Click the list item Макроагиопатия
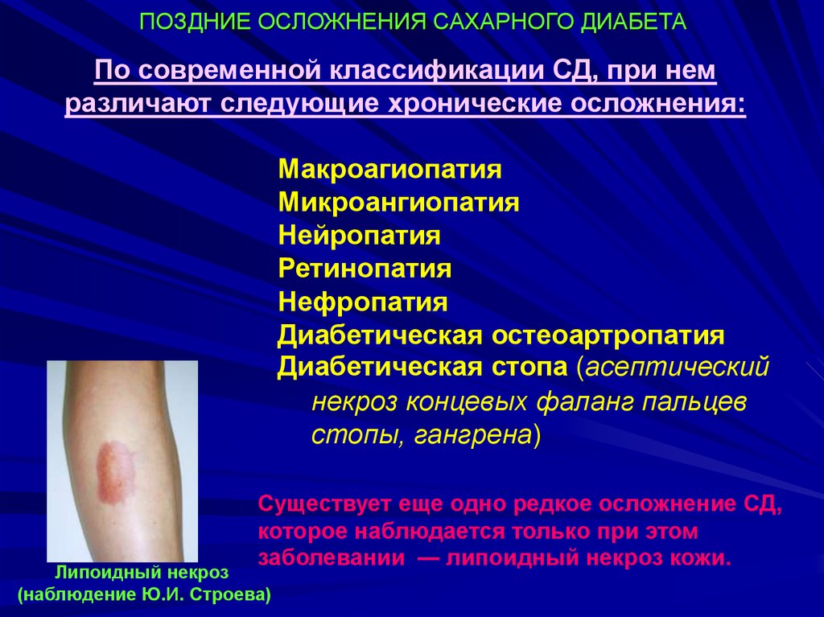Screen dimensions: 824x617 [390, 170]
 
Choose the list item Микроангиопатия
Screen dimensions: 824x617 [398, 203]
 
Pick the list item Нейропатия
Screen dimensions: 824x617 [359, 236]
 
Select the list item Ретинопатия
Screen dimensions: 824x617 [365, 269]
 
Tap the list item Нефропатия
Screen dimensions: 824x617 [363, 302]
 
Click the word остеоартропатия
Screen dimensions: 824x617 [608, 335]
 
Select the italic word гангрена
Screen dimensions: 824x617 [473, 436]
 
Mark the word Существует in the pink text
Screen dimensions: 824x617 [324, 504]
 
